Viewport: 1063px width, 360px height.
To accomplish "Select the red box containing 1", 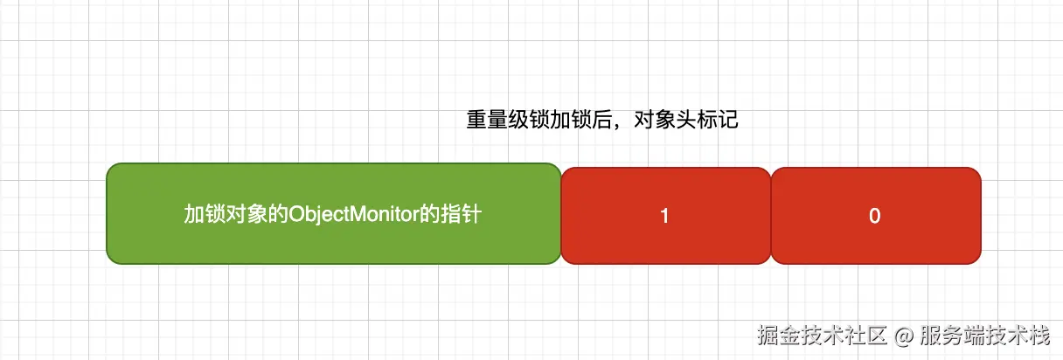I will [665, 216].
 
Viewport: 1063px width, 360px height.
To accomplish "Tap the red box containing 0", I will [875, 216].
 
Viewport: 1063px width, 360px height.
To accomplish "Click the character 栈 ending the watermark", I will [1039, 335].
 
